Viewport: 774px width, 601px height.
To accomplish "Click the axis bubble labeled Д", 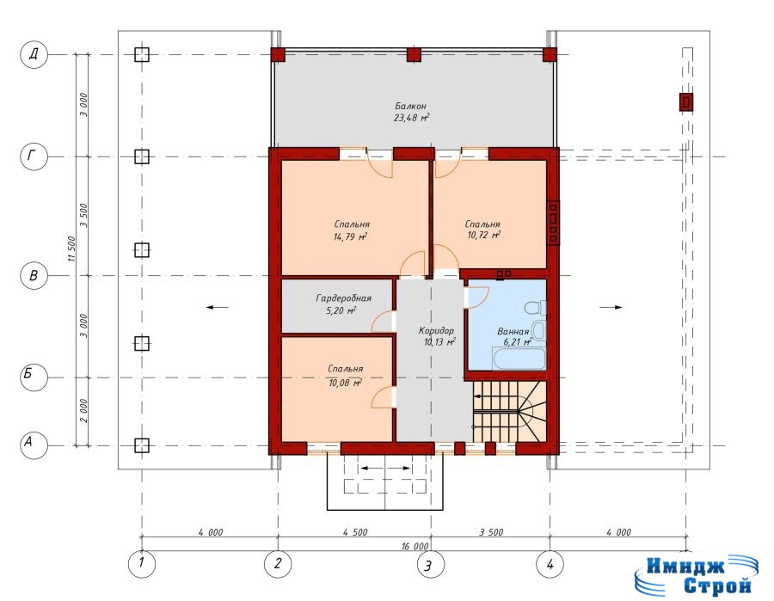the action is click(34, 54).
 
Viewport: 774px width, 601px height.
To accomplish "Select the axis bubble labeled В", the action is click(34, 275).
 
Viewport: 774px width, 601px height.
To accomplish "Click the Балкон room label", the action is click(410, 106).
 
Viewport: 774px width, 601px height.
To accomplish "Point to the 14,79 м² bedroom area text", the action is click(350, 236).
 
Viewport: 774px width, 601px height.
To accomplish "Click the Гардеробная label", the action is click(343, 298).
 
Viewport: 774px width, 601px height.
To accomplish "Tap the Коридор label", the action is click(436, 331).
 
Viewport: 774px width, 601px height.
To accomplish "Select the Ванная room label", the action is click(513, 332).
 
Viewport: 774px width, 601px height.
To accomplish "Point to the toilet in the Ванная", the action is click(535, 309).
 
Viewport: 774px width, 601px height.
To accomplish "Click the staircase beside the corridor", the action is click(509, 412).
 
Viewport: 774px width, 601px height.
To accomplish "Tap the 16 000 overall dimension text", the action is click(415, 546).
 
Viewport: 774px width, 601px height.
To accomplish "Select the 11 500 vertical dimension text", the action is click(71, 249).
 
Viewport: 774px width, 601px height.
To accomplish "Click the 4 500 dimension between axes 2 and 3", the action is click(355, 532).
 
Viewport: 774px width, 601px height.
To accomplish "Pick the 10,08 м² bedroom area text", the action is click(346, 383).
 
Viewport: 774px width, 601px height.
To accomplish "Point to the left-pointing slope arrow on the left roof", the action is click(218, 308).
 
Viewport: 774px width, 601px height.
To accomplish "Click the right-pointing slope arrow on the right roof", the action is click(611, 308).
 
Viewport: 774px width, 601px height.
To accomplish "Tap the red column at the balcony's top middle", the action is click(414, 55).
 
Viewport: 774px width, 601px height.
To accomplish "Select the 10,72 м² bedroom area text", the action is click(483, 235).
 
